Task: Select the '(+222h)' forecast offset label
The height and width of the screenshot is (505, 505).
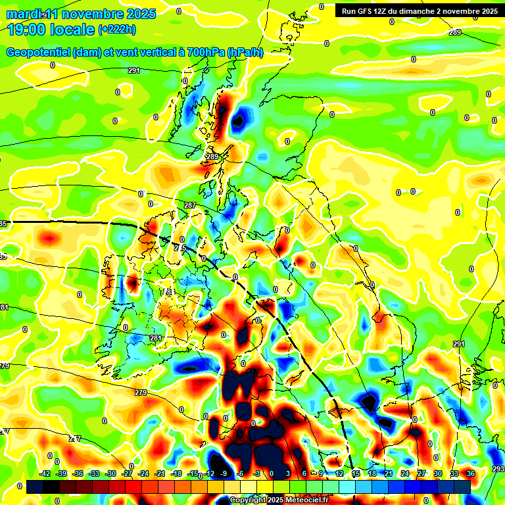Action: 117,29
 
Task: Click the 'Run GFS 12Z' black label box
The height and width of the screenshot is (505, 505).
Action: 419,11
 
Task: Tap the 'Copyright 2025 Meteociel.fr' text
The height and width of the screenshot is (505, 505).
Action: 279,500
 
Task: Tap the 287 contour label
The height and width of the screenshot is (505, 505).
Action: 190,206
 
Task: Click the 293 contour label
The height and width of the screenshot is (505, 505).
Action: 498,468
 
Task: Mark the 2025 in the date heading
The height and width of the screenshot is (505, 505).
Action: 141,14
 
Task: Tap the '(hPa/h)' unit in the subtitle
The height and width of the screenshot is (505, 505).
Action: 245,53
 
